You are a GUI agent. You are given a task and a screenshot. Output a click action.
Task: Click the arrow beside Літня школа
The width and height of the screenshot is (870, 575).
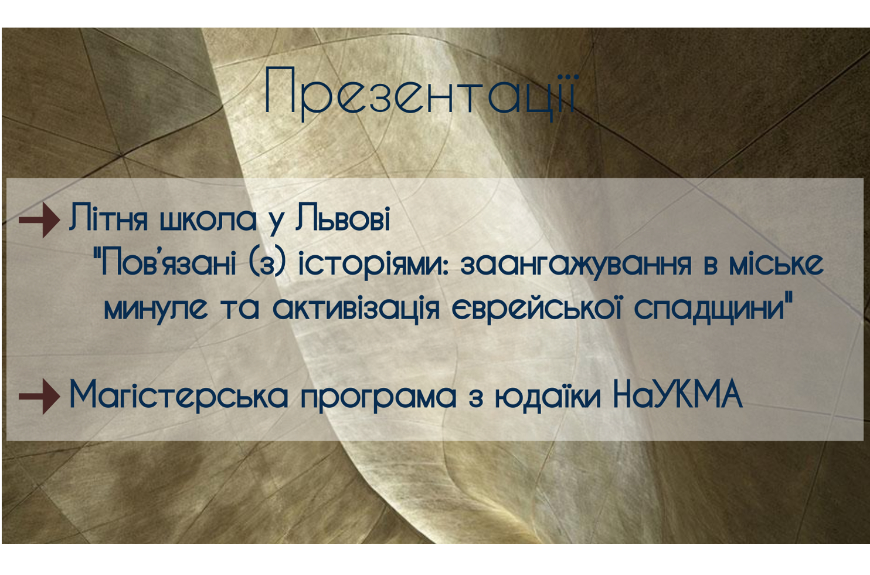[x=39, y=220]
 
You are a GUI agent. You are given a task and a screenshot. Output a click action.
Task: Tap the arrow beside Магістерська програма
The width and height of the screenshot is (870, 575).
[x=39, y=396]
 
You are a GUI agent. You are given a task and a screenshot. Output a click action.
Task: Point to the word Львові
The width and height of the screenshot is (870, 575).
[x=342, y=218]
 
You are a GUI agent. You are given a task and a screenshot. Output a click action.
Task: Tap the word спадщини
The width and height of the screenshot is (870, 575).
[x=711, y=310]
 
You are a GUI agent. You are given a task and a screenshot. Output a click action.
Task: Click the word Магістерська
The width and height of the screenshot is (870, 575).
[x=179, y=395]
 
